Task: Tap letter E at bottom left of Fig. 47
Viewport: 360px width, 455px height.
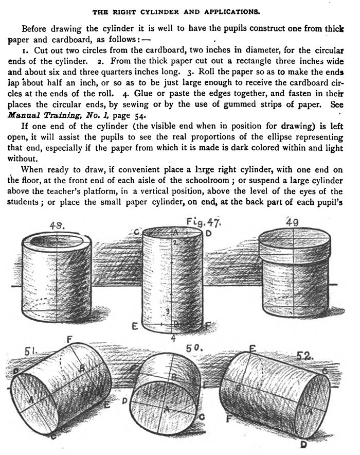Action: (135, 326)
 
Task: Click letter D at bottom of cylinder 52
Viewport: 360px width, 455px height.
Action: (303, 444)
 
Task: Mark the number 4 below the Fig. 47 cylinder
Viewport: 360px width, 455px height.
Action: (173, 338)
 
